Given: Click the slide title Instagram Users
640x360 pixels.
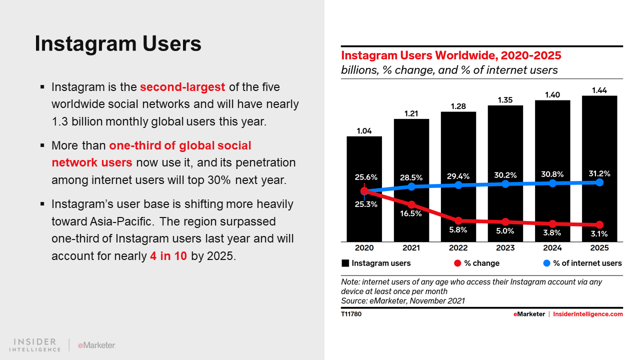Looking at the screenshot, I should [x=118, y=43].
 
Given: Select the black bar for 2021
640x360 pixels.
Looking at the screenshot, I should [x=411, y=150].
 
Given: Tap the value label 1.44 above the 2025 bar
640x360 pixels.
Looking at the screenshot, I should [x=599, y=90].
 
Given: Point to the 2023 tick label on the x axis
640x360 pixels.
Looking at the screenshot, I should [x=505, y=248].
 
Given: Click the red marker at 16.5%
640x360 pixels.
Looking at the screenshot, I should [x=411, y=204].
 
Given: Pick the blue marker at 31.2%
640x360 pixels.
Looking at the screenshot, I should [x=599, y=182].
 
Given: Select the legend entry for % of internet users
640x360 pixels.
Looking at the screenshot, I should [x=582, y=263].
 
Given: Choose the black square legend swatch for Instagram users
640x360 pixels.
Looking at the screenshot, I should [x=345, y=263].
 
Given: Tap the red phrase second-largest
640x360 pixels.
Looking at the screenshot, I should [x=182, y=87].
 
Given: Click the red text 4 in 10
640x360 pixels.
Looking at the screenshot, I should [x=168, y=256].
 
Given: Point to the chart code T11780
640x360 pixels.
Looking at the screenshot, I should [x=351, y=314].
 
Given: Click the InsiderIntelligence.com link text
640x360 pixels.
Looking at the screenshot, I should [x=588, y=314].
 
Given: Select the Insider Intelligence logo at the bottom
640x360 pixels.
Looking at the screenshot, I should [x=35, y=344].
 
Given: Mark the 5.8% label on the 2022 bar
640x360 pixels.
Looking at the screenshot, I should [x=458, y=230].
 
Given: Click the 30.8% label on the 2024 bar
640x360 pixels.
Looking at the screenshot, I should [x=552, y=174].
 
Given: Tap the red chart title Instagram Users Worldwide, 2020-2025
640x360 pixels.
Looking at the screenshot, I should [x=451, y=55].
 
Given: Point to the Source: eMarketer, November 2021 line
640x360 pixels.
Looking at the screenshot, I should [x=403, y=300].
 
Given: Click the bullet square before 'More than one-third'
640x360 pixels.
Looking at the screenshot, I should [x=42, y=146].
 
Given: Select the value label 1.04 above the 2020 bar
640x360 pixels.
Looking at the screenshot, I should [x=364, y=131].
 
